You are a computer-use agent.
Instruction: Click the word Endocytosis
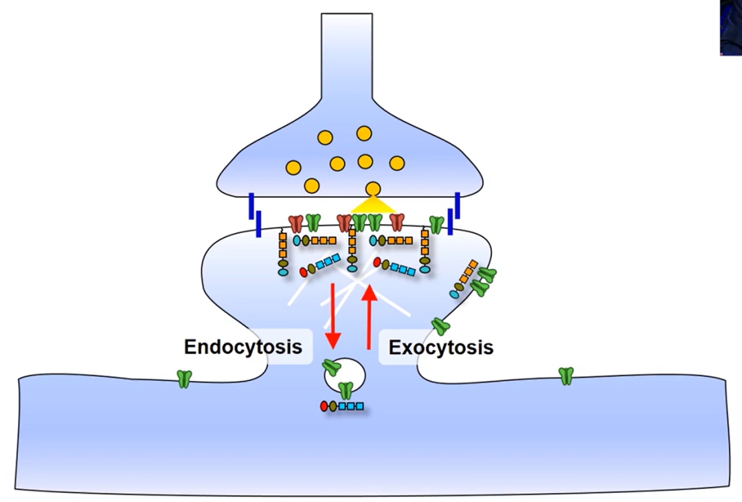(x=243, y=347)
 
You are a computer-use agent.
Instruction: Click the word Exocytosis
(x=440, y=347)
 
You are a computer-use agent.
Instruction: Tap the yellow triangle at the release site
(x=373, y=204)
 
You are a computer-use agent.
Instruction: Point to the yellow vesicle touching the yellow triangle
(x=373, y=188)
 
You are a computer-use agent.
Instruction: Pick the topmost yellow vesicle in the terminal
(x=364, y=133)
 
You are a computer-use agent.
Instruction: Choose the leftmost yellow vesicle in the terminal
(x=293, y=167)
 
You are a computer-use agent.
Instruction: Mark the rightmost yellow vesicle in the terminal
(x=396, y=163)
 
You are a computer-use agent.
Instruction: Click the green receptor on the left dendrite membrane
(x=184, y=378)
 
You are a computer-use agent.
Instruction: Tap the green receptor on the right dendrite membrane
(x=565, y=375)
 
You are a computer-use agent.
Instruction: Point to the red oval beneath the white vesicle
(x=324, y=406)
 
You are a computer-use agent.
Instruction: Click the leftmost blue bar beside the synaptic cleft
(x=251, y=206)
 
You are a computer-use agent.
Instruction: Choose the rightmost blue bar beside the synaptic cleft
(x=457, y=205)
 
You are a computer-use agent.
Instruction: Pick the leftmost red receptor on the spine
(x=296, y=223)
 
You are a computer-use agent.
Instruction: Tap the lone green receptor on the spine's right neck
(x=440, y=326)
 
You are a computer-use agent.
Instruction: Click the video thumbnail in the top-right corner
(x=730, y=28)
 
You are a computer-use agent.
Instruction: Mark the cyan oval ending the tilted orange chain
(x=454, y=294)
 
